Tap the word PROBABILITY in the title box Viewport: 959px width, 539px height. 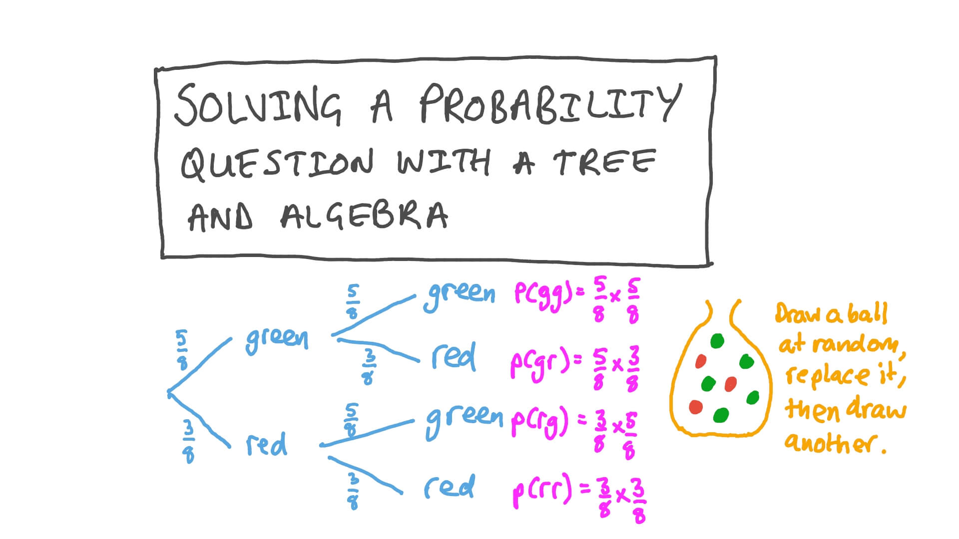pyautogui.click(x=549, y=103)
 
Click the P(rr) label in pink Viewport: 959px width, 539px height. pyautogui.click(x=541, y=491)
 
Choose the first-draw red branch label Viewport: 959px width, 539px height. pyautogui.click(x=266, y=444)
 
